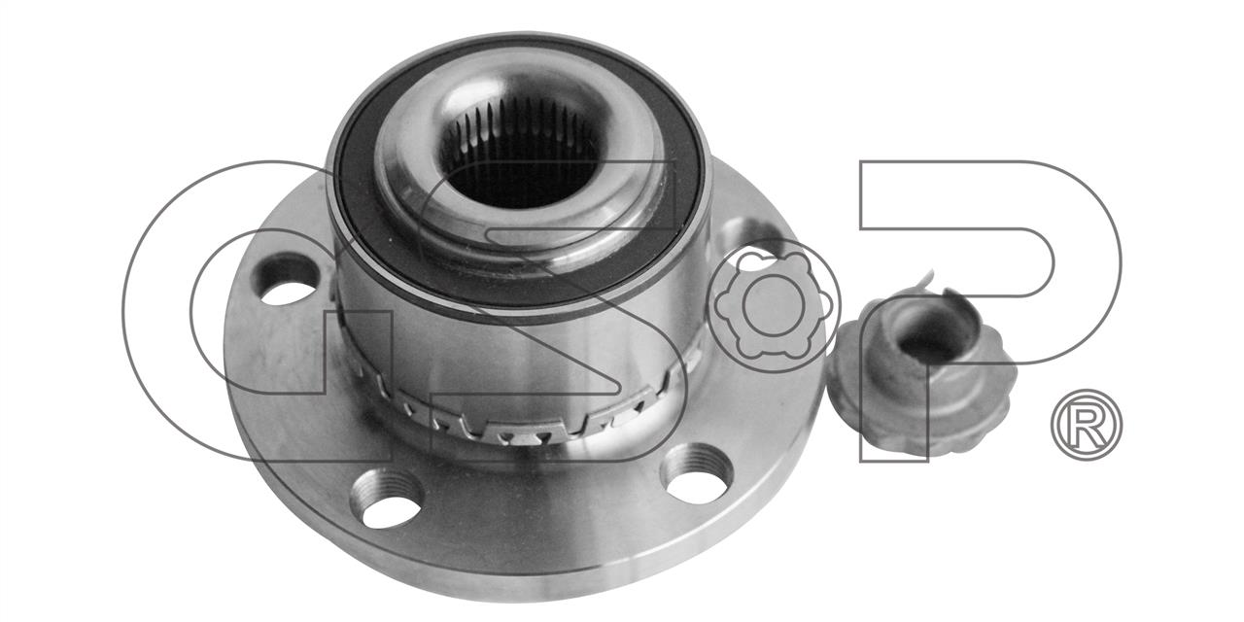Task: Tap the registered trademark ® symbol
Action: click(1087, 425)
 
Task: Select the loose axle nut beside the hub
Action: click(922, 369)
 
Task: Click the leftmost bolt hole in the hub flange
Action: click(289, 281)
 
